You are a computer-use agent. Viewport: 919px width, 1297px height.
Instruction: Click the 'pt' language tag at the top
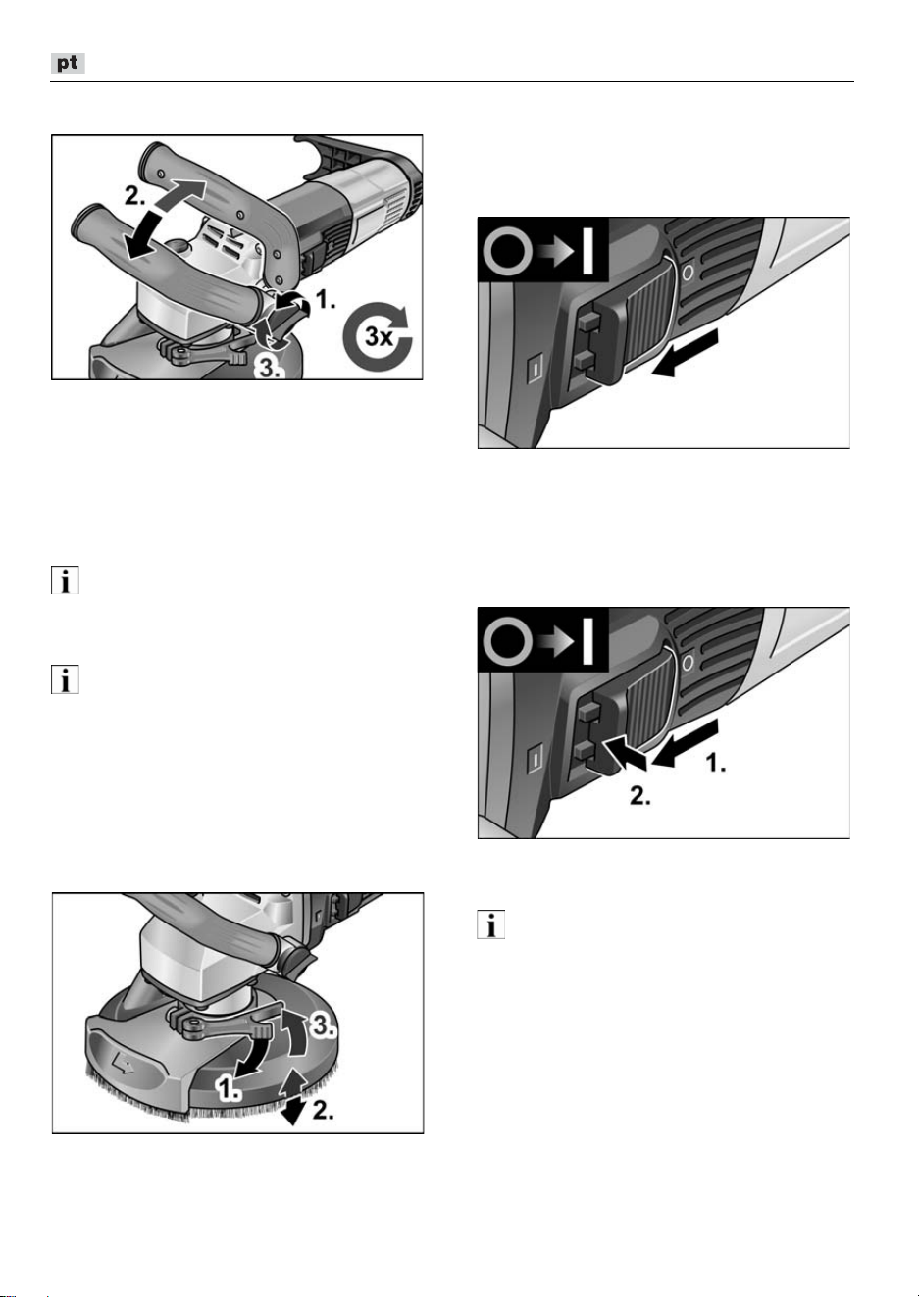[68, 63]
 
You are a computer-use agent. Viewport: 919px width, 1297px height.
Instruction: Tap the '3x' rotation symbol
[378, 336]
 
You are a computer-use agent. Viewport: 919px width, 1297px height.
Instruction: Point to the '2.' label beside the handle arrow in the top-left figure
[135, 197]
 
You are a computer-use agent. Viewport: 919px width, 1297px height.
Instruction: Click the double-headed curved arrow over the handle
[165, 219]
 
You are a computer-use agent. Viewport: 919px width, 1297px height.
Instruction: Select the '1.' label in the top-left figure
[325, 300]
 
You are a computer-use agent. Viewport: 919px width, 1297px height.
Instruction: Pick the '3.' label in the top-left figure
[269, 367]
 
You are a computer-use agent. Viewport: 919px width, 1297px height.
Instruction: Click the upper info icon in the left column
[65, 579]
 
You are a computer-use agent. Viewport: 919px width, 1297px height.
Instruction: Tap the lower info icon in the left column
[65, 679]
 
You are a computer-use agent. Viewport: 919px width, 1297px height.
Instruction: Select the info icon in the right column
[490, 924]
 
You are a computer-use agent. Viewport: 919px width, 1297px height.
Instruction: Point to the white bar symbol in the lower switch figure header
[587, 640]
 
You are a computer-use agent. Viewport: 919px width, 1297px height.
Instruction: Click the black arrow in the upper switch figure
[685, 353]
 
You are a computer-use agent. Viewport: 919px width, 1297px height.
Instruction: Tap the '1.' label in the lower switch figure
[716, 762]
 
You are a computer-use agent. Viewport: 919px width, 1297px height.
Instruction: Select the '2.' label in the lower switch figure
[640, 796]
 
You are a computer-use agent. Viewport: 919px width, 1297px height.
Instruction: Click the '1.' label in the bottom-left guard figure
[229, 1087]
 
